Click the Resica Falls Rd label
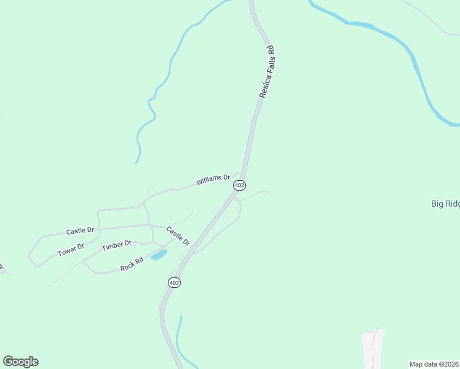[266, 73]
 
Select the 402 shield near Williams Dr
[240, 185]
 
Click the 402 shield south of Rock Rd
[174, 282]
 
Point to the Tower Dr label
[71, 249]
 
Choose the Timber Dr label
[116, 246]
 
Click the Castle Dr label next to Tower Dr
[80, 231]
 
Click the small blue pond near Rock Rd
[159, 254]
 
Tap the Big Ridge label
[445, 204]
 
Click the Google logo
[20, 362]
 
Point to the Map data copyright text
[434, 363]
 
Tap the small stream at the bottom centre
[178, 338]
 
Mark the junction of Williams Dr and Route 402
[242, 174]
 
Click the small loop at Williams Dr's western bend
[150, 190]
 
